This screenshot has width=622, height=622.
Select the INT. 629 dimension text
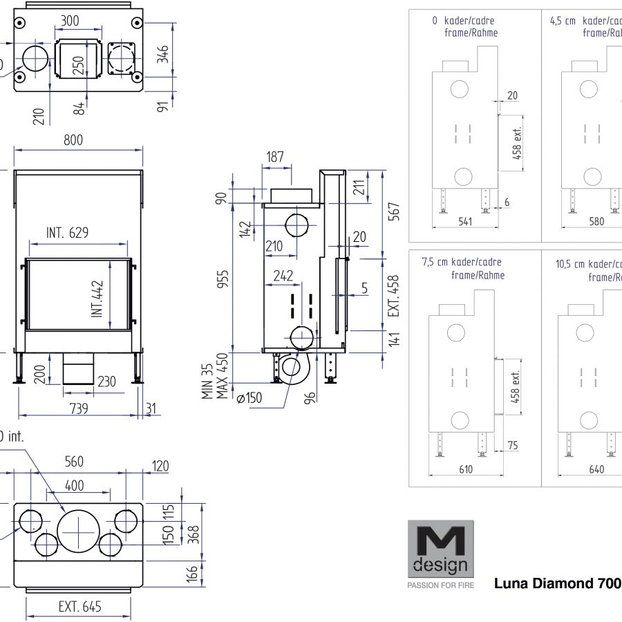click(67, 232)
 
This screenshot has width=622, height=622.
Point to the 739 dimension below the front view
click(79, 408)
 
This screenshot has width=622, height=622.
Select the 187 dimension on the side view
click(275, 158)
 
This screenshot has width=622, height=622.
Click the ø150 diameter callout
click(249, 398)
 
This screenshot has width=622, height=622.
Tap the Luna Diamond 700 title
click(558, 583)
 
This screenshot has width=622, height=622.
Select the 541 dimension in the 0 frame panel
click(464, 221)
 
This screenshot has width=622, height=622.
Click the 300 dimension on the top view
click(70, 21)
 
